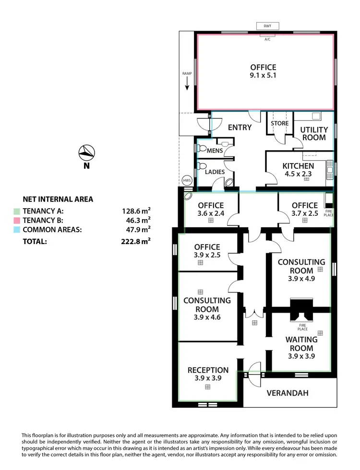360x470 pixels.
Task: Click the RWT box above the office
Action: pyautogui.click(x=267, y=26)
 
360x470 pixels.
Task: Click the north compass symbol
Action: pyautogui.click(x=86, y=153)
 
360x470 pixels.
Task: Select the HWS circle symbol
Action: pyautogui.click(x=187, y=180)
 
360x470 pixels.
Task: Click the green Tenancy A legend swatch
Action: pyautogui.click(x=17, y=211)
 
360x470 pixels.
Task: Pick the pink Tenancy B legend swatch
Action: pyautogui.click(x=17, y=220)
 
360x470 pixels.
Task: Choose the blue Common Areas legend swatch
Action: pyautogui.click(x=17, y=229)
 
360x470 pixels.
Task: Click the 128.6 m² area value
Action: pyautogui.click(x=136, y=211)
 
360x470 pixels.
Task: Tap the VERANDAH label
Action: pyautogui.click(x=288, y=393)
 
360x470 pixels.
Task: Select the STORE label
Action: pyautogui.click(x=279, y=123)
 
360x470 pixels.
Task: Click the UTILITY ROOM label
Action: pyautogui.click(x=314, y=133)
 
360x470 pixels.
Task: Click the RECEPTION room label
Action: pyautogui.click(x=208, y=370)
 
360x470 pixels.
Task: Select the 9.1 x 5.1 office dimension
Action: pyautogui.click(x=263, y=75)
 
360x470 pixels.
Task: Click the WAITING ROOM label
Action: pyautogui.click(x=301, y=344)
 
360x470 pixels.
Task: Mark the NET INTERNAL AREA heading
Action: pyautogui.click(x=58, y=199)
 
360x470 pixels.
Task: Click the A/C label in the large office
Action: pyautogui.click(x=267, y=39)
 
